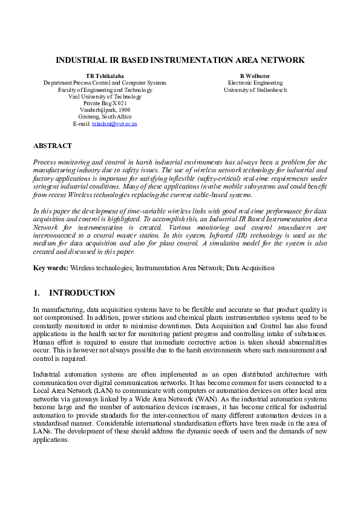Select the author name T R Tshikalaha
105,75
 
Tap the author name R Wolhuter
255,75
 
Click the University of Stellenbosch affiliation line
255,89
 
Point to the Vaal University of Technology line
105,96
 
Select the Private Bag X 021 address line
105,103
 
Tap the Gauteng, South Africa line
105,117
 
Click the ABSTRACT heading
52,146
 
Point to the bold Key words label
50,268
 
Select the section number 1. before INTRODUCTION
36,293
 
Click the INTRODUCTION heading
82,293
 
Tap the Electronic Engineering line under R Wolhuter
255,82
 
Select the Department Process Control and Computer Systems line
105,82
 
